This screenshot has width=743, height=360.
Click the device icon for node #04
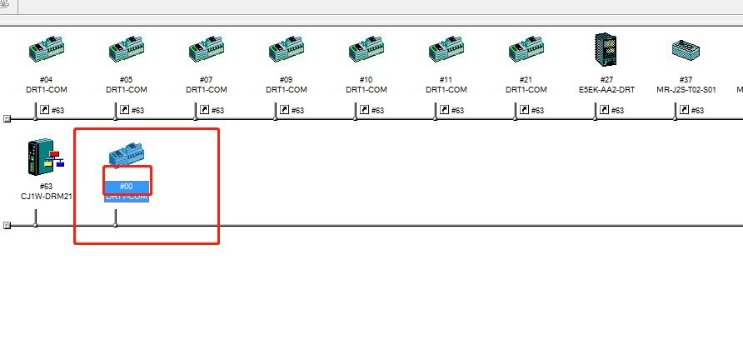pyautogui.click(x=46, y=52)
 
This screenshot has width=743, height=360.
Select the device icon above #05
pyautogui.click(x=126, y=52)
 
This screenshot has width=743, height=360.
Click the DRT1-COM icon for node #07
pyautogui.click(x=206, y=52)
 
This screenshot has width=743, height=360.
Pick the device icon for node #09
pyautogui.click(x=286, y=52)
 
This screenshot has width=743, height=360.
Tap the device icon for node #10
pyautogui.click(x=366, y=52)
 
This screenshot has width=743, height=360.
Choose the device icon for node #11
pyautogui.click(x=446, y=52)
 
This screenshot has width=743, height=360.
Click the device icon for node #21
pyautogui.click(x=526, y=52)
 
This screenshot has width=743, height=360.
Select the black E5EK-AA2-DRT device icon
pyautogui.click(x=606, y=50)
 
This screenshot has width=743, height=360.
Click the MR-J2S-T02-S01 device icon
pyautogui.click(x=686, y=50)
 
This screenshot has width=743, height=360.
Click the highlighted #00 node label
pyautogui.click(x=126, y=187)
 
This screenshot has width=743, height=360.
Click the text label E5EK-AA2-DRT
pyautogui.click(x=606, y=89)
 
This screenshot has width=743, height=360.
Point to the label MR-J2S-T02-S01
pyautogui.click(x=686, y=89)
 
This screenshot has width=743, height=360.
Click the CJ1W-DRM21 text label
pyautogui.click(x=46, y=196)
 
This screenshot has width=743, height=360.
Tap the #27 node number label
pyautogui.click(x=606, y=80)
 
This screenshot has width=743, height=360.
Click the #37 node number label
pyautogui.click(x=686, y=80)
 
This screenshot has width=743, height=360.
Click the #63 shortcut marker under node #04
pyautogui.click(x=52, y=109)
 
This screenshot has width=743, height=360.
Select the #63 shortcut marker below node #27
pyautogui.click(x=612, y=109)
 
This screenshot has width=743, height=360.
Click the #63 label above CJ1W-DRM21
pyautogui.click(x=46, y=187)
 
